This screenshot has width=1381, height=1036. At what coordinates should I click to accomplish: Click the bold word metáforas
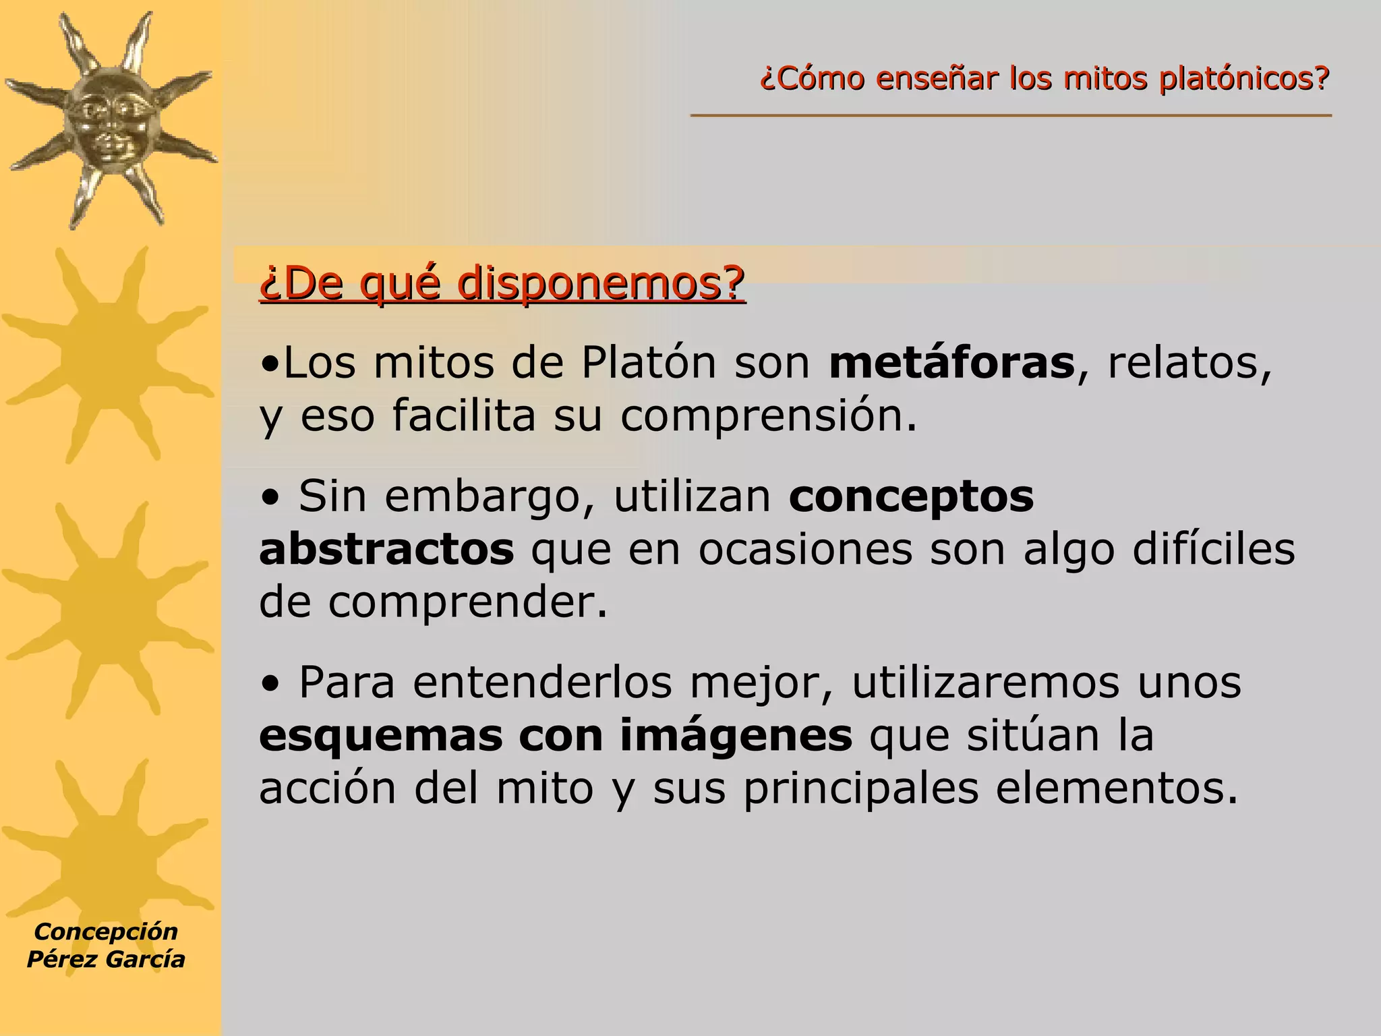click(x=951, y=363)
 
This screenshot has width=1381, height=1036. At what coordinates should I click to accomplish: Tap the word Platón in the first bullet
click(x=648, y=363)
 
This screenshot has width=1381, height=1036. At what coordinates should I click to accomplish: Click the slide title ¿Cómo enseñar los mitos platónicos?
click(x=1045, y=79)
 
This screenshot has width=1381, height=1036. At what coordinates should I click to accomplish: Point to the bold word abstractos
click(x=386, y=549)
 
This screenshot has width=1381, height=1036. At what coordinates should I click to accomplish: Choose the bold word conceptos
click(x=911, y=496)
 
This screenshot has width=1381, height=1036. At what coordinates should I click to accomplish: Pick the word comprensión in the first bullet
click(x=768, y=416)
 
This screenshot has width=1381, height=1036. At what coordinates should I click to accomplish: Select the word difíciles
click(x=1213, y=549)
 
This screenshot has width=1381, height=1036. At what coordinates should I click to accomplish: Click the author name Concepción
click(x=106, y=931)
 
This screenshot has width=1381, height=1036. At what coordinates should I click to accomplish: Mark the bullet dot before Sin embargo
click(x=271, y=500)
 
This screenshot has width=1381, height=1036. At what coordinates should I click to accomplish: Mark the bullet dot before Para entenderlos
click(x=271, y=686)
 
